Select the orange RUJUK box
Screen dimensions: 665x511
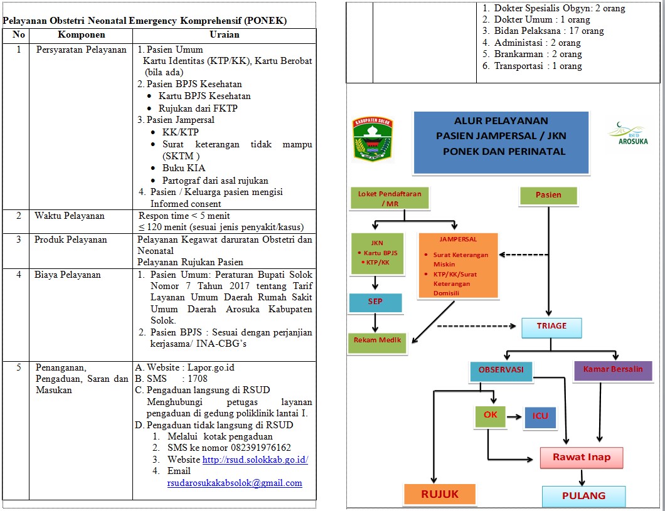(439, 495)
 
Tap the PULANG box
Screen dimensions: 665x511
(583, 496)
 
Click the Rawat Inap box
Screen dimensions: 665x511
(582, 458)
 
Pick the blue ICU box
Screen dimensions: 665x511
(540, 416)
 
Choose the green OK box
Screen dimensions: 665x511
(490, 415)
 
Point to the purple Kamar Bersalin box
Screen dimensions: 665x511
(613, 370)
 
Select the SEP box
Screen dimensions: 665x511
(375, 302)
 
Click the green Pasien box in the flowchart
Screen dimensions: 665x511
(548, 196)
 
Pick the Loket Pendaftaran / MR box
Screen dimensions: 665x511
(390, 198)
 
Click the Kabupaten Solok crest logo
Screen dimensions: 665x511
(373, 139)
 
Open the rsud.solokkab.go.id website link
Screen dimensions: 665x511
(255, 460)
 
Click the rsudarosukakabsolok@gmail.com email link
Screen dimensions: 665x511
(235, 483)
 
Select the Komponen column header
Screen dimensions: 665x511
(82, 34)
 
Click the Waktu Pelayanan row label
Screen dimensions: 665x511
(70, 216)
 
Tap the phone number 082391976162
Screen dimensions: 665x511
(261, 448)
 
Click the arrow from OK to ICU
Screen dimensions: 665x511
(514, 416)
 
